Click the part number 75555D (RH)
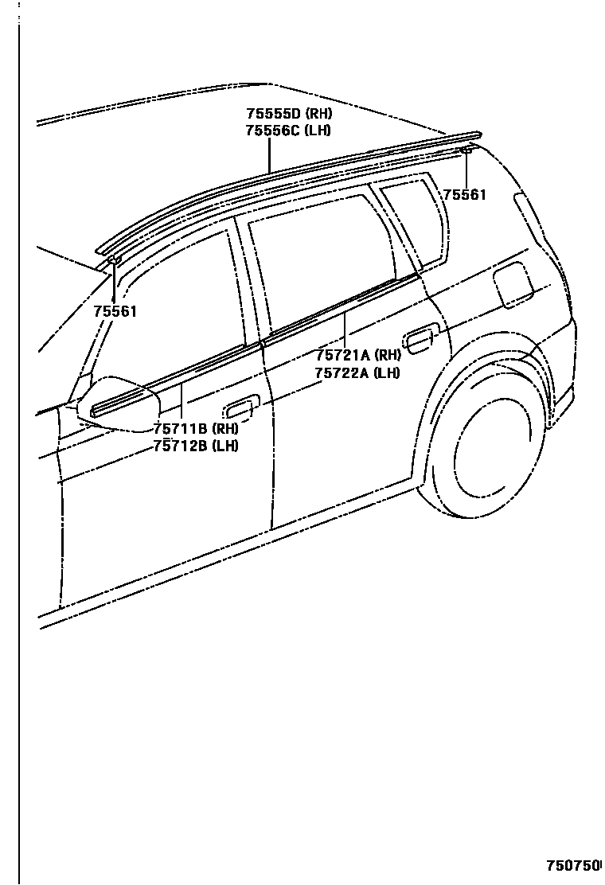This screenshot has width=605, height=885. (288, 114)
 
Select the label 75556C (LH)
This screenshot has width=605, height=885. (287, 131)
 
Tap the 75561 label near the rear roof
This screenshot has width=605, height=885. (464, 194)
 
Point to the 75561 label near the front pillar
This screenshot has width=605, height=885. (115, 311)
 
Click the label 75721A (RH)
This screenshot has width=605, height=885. (357, 356)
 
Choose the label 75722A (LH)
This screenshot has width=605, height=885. (357, 372)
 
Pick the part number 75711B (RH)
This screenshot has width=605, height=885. (196, 429)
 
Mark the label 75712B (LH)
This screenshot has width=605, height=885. (196, 446)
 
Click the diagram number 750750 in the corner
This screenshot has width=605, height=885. (572, 865)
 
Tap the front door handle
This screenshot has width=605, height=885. (239, 409)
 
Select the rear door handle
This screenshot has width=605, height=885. (419, 341)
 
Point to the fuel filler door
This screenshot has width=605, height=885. (513, 285)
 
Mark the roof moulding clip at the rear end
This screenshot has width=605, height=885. (466, 150)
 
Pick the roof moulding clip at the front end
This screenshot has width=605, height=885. (114, 259)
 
